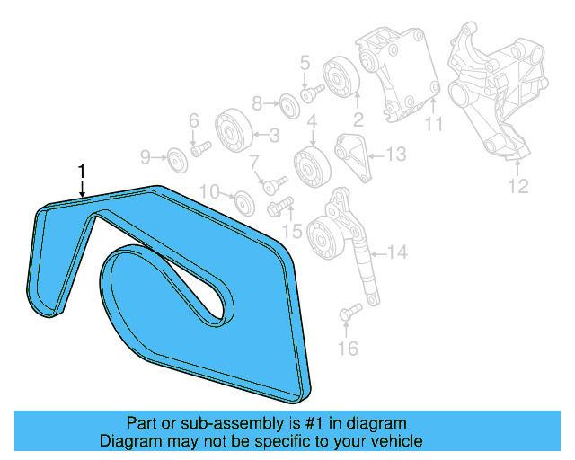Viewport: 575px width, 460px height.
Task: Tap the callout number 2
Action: (357, 118)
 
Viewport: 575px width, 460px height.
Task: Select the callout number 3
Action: (273, 136)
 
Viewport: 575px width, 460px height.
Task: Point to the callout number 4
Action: (312, 122)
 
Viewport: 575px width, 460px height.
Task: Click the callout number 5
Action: (305, 63)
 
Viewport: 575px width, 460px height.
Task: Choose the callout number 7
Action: (254, 163)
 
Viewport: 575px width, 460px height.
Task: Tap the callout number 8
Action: (256, 102)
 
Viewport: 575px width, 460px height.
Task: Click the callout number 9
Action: (146, 159)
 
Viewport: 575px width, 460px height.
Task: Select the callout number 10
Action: (208, 190)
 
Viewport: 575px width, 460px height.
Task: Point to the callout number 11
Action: (434, 125)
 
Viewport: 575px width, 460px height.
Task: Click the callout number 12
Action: (518, 187)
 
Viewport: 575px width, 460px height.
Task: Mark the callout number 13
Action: (396, 155)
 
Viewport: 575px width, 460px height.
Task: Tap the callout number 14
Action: (396, 252)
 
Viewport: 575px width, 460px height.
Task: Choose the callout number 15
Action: (292, 232)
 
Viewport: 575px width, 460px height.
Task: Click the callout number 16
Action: (347, 348)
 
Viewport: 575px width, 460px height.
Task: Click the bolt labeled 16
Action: (349, 313)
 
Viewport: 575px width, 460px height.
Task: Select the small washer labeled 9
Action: (177, 160)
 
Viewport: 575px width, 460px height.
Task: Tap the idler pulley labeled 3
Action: (231, 132)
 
